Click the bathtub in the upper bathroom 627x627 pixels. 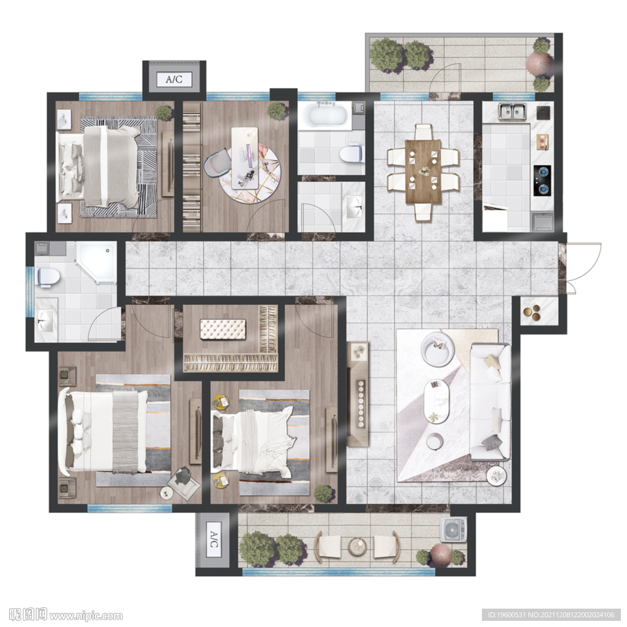325,116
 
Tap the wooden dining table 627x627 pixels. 423,171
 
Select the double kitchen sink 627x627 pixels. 512,111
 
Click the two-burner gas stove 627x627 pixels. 543,181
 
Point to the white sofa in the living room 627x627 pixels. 490,402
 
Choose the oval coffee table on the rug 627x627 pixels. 437,401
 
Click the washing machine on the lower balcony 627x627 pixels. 454,530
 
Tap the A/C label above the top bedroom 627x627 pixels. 174,79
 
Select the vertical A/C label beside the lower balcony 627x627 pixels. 214,539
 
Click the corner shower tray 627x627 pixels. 96,262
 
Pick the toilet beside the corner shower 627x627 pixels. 48,277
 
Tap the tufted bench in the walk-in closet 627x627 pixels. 223,329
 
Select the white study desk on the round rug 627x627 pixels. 245,158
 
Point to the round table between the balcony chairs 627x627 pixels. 358,546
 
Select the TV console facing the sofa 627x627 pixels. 357,394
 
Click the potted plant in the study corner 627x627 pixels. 276,111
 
